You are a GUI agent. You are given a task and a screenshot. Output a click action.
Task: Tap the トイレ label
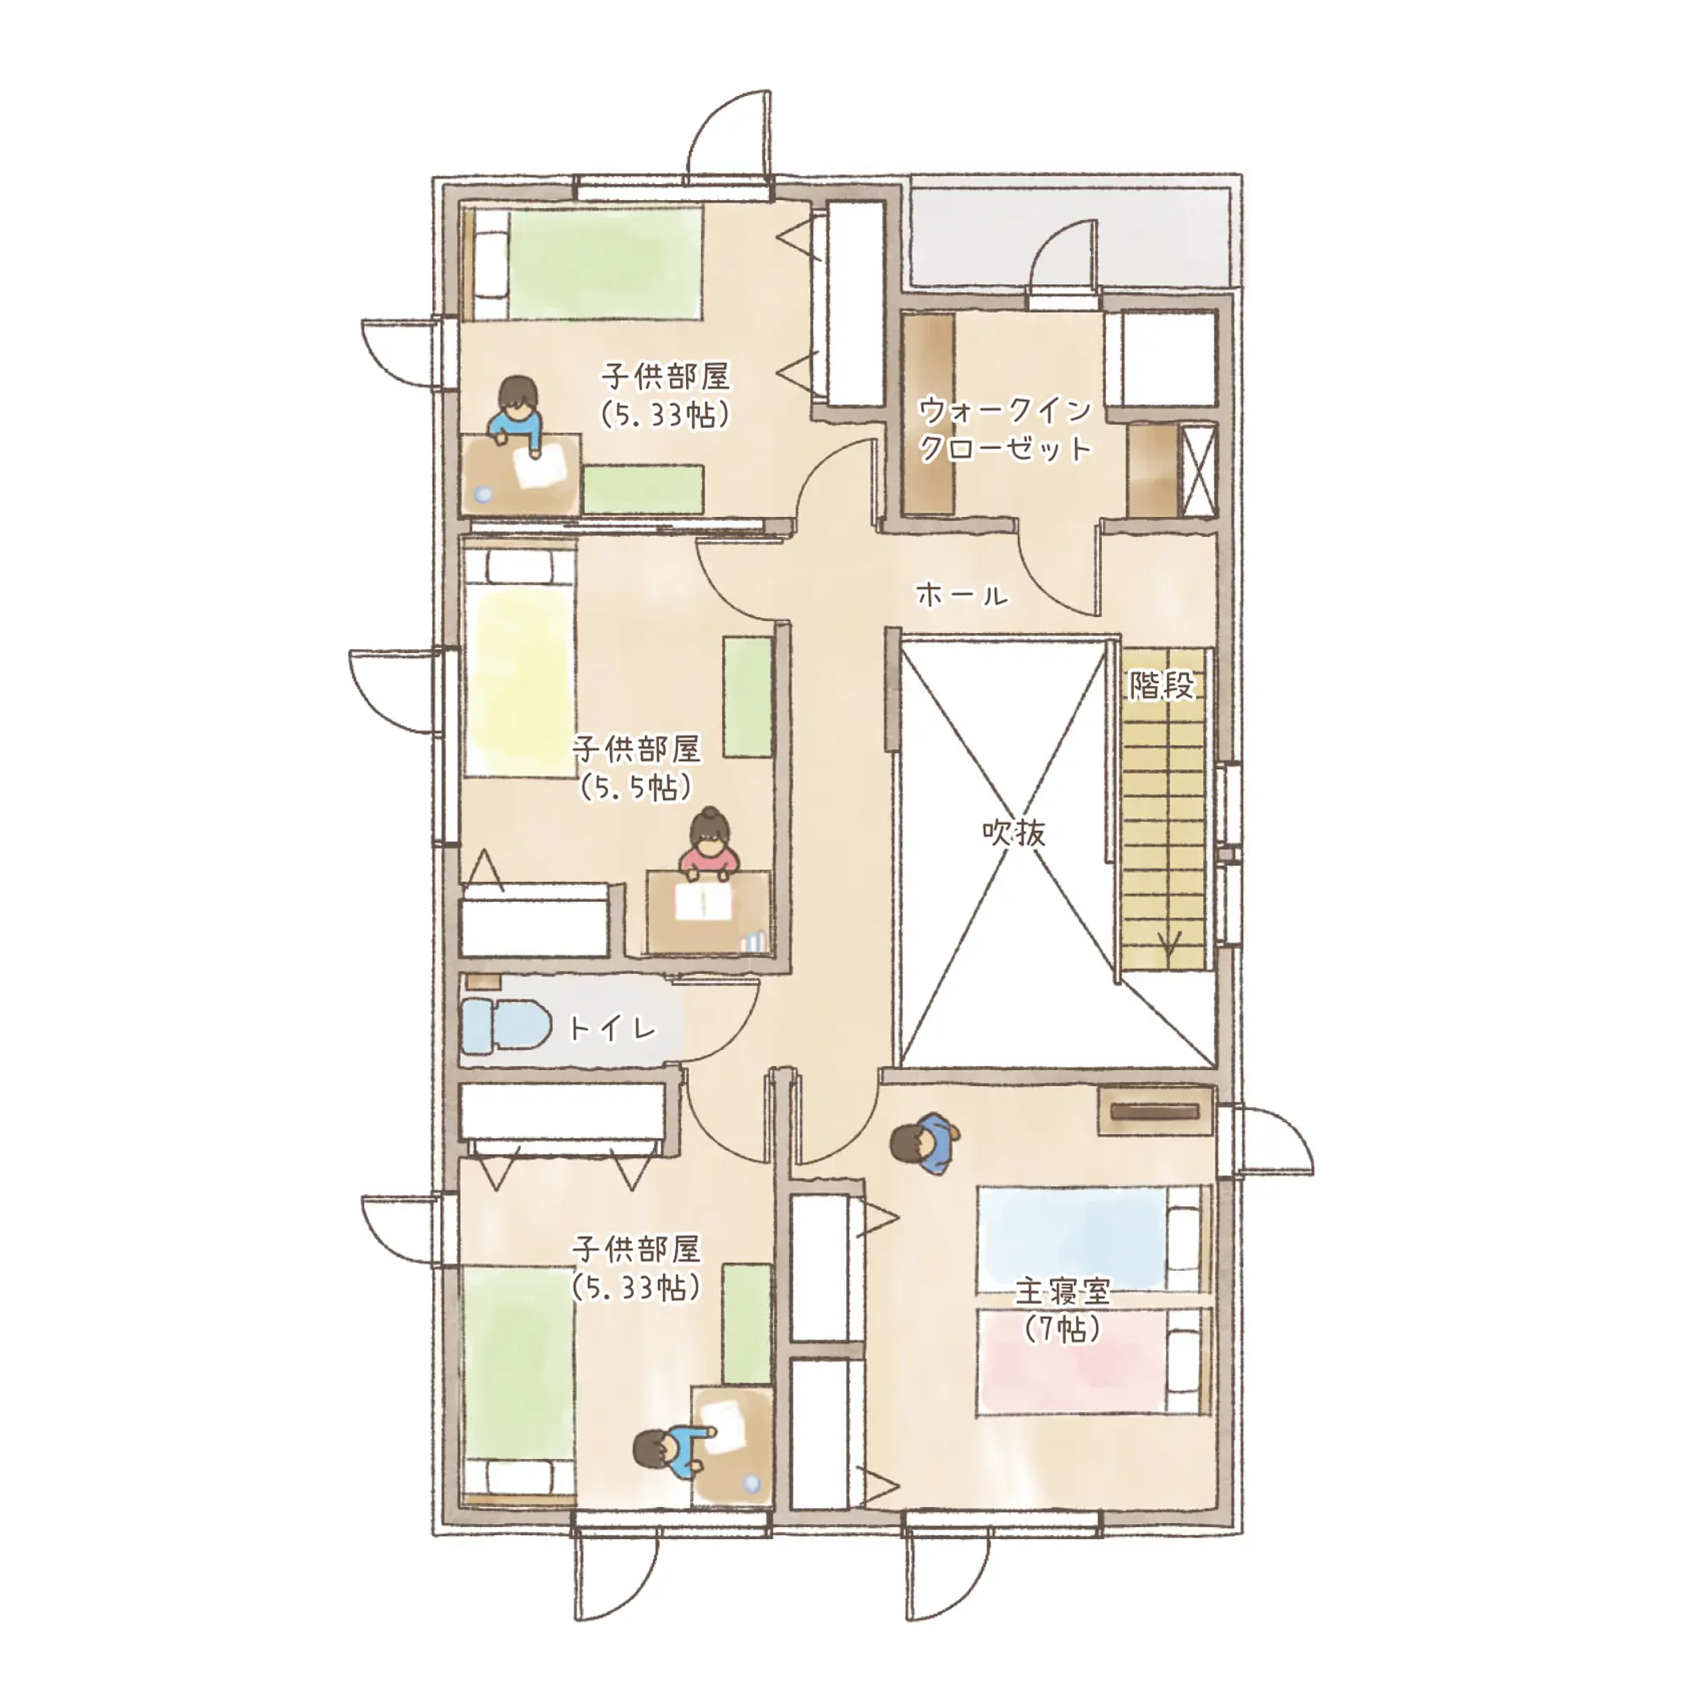tap(612, 1030)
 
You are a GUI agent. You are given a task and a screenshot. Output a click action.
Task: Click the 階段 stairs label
tap(1162, 687)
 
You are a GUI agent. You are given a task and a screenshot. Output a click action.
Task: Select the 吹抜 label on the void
tap(1014, 834)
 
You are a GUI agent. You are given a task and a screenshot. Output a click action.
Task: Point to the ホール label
tap(962, 596)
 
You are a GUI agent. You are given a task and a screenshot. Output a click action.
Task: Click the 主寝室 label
tap(1062, 1291)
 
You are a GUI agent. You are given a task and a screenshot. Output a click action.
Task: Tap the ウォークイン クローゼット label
tap(1005, 429)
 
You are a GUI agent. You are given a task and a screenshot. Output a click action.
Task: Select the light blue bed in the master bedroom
tap(1093, 1239)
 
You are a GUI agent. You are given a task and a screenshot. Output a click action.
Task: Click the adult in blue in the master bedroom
tap(925, 1142)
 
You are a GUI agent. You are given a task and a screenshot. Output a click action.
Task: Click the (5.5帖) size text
tap(636, 788)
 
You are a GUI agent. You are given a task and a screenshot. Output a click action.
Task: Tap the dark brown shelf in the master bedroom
tap(1156, 1111)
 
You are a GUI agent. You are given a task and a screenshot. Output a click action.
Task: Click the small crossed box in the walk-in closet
tap(1197, 471)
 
